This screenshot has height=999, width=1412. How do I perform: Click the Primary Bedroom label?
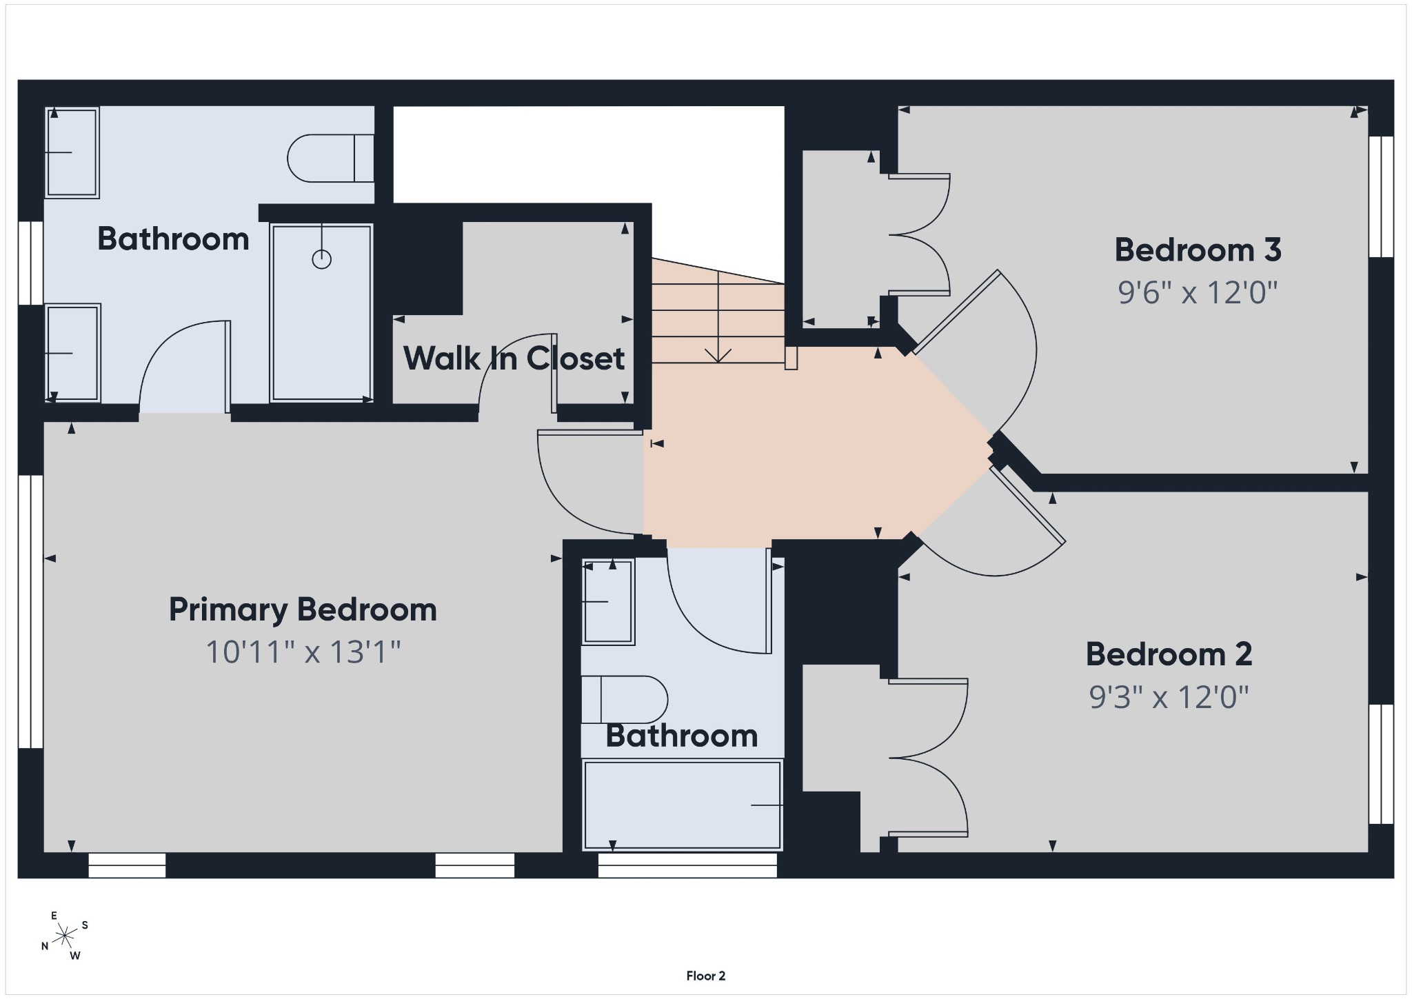point(303,610)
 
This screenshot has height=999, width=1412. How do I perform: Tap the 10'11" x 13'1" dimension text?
point(303,652)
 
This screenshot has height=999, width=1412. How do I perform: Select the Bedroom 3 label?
point(1198,250)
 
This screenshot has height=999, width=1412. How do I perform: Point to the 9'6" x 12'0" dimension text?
point(1198,292)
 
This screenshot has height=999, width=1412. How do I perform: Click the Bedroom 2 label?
point(1169,654)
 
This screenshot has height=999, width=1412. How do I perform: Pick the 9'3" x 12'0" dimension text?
point(1169,697)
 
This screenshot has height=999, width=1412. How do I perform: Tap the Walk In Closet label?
point(514,359)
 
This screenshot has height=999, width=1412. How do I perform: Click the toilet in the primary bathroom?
point(331,158)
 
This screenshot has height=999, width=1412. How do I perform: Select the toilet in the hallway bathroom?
point(625,699)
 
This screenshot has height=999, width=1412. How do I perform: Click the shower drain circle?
point(322,259)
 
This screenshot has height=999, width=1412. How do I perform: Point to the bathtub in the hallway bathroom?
point(683,805)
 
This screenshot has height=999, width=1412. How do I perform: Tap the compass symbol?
point(65,936)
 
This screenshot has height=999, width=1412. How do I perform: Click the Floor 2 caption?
point(705,976)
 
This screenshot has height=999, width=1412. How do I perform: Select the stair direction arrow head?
point(718,356)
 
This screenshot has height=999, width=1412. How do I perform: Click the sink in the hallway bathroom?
point(607,602)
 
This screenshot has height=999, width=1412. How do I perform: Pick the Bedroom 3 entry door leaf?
point(956,312)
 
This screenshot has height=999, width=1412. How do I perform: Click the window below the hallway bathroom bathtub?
point(687,865)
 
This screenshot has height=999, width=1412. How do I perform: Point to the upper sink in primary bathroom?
point(72,152)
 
